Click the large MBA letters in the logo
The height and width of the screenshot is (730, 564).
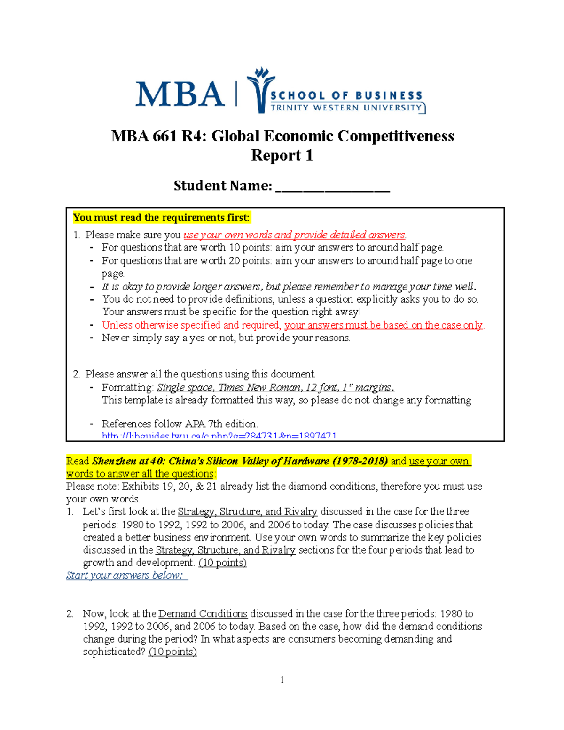180,94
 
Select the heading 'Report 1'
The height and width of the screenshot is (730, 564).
282,155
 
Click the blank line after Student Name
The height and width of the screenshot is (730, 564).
333,187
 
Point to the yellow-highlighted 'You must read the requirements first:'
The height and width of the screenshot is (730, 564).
161,218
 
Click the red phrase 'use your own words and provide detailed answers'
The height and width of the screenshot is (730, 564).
294,235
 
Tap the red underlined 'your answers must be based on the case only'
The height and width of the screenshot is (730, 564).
383,325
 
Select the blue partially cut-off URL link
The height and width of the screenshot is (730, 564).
219,436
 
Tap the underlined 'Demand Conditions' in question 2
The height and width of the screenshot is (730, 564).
203,613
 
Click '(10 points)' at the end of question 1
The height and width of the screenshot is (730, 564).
222,563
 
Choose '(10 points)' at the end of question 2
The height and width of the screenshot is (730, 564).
172,652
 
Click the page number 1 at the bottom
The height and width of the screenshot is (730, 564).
282,680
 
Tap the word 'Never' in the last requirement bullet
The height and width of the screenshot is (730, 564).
115,338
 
